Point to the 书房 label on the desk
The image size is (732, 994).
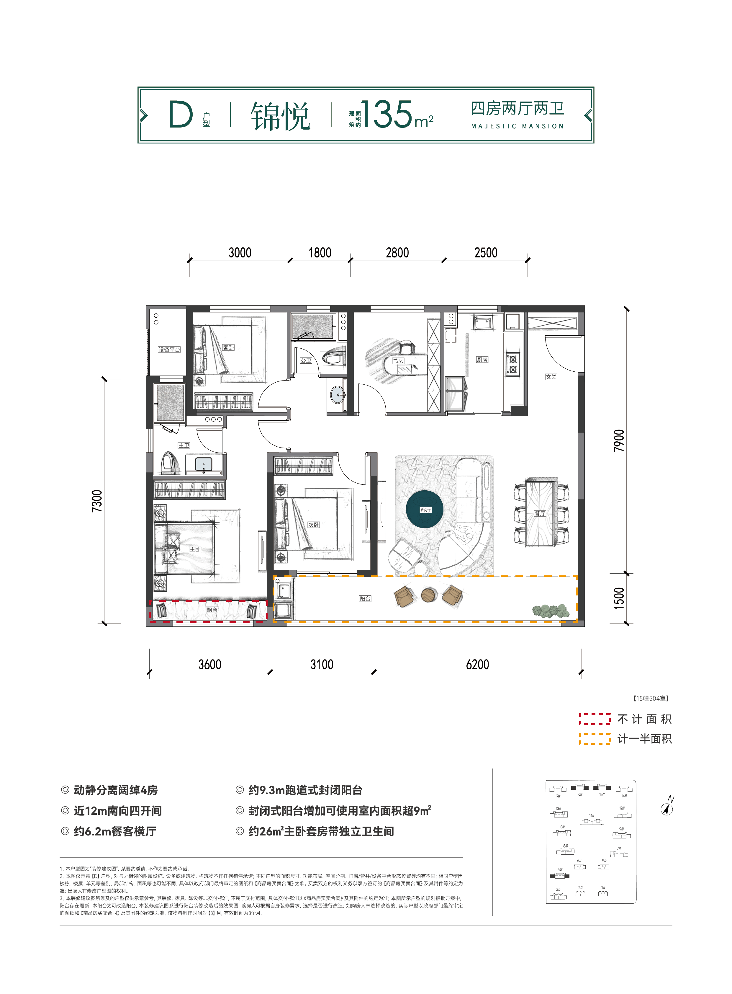pos(398,361)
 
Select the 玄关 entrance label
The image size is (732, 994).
pos(551,377)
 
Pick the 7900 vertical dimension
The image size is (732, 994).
pos(619,441)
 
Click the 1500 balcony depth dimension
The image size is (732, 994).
pos(619,598)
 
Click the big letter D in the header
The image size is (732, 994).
pos(181,115)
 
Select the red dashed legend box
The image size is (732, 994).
pos(595,719)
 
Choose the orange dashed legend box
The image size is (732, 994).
pos(595,739)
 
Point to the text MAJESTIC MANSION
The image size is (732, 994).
pos(517,126)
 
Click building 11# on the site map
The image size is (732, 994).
pos(592,822)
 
